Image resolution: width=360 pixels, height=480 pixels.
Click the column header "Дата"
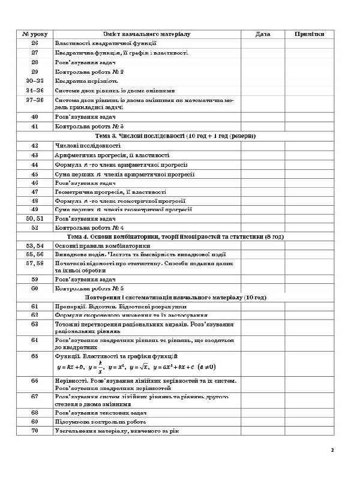262,34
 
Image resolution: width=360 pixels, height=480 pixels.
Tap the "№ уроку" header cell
34,34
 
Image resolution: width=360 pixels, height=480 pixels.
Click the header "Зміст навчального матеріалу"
146,34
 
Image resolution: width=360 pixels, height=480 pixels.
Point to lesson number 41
34,127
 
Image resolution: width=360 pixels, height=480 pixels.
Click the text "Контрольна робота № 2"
89,71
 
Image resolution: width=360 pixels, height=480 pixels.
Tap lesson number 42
34,145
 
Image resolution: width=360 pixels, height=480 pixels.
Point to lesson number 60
34,288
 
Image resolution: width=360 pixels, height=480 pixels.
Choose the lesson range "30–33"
34,80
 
